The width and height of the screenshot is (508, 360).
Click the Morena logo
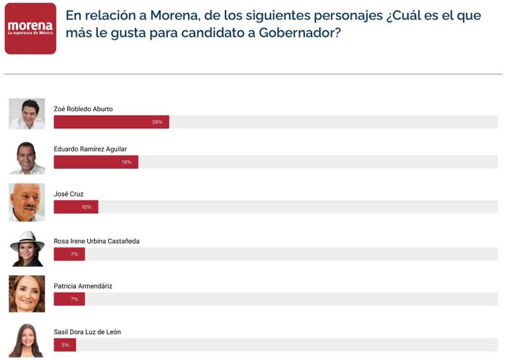coord(30,28)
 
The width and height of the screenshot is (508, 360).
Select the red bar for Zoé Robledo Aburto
coord(111,122)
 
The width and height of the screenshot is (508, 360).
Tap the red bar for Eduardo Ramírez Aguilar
coord(96,162)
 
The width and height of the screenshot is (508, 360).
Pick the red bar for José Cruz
coord(75,207)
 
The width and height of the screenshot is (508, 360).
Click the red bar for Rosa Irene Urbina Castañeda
coord(69,254)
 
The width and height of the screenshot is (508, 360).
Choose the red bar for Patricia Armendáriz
coord(69,299)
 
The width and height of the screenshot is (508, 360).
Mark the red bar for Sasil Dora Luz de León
coord(65,345)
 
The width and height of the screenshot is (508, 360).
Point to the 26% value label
coord(157,122)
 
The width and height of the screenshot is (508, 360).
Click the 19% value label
coord(126,162)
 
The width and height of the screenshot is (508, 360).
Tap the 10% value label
coord(86,207)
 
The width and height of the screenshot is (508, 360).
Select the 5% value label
coord(65,345)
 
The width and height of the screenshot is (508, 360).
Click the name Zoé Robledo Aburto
coord(83,109)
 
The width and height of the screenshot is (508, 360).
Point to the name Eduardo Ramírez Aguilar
coord(90,149)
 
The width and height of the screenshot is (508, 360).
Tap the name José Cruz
coord(68,194)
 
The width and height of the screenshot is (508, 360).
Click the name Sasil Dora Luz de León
coord(87,332)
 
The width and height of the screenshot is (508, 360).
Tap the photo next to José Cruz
coord(27,202)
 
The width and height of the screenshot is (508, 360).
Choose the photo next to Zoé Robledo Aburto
coord(27,114)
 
